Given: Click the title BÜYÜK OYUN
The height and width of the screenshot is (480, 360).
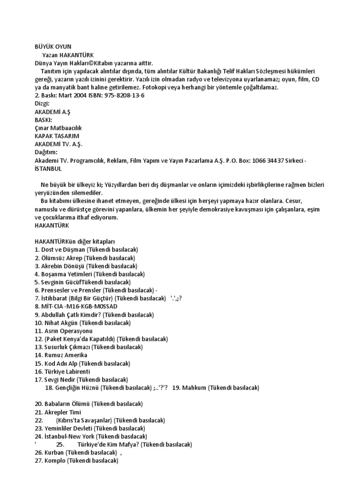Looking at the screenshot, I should click(x=53, y=47).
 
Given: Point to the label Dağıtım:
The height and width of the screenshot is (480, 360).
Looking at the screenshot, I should click(x=46, y=152).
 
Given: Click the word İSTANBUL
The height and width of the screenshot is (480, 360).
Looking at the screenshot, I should click(x=48, y=168).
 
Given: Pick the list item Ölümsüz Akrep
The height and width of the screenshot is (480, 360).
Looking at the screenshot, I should click(x=63, y=258).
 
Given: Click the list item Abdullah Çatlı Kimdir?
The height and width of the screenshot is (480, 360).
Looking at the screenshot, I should click(x=74, y=315).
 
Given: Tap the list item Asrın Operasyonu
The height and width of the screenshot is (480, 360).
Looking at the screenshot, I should click(x=69, y=331).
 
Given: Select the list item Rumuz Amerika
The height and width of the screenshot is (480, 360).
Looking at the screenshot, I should click(x=66, y=355).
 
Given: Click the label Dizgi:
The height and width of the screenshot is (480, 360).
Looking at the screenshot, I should click(x=42, y=104).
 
